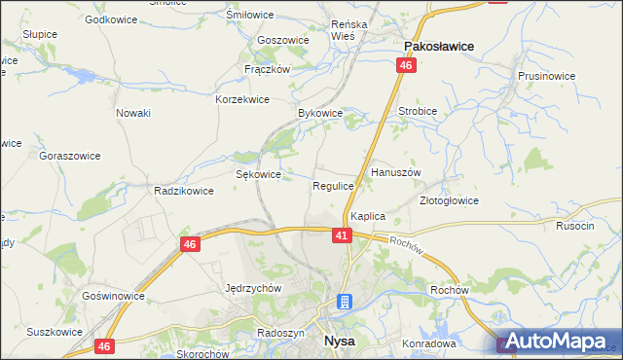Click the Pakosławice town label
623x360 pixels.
coord(438,45)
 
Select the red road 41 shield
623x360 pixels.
coord(341,235)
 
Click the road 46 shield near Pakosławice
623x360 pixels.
coord(406,65)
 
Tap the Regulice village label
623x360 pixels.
coord(333,185)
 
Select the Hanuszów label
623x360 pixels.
coord(395,172)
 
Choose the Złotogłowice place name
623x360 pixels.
coord(449,200)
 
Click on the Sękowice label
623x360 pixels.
coord(259,174)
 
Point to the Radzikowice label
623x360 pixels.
coord(183,191)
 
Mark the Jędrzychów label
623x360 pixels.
coord(252,288)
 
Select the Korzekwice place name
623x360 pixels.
coord(242,99)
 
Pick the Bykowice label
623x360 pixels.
coord(320,113)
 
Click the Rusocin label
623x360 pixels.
coord(574,226)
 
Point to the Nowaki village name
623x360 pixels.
coord(133,113)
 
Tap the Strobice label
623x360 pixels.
coord(418,111)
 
